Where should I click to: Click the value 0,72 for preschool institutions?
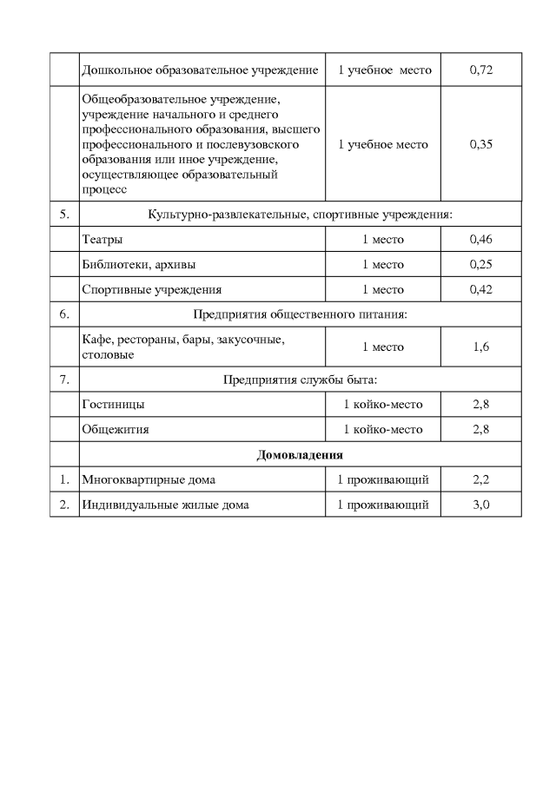[x=480, y=69]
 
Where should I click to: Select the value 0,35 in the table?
[x=480, y=144]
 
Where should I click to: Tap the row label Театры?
[x=102, y=239]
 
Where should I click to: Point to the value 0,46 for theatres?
[x=480, y=239]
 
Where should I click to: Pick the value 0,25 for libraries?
[x=480, y=264]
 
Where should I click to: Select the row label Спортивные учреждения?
[x=151, y=289]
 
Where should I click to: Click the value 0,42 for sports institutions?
[x=480, y=289]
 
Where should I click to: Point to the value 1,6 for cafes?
[x=480, y=347]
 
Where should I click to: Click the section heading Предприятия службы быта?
[x=300, y=379]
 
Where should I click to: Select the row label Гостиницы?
[x=113, y=404]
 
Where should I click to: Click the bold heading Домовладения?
[x=300, y=454]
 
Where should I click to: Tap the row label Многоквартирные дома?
[x=149, y=479]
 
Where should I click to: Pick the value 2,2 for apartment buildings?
[x=480, y=479]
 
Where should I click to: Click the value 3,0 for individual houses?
[x=480, y=505]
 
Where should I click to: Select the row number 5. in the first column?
[x=63, y=214]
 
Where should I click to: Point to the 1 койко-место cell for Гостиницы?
[x=383, y=404]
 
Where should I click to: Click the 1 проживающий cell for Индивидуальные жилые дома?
[x=383, y=505]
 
